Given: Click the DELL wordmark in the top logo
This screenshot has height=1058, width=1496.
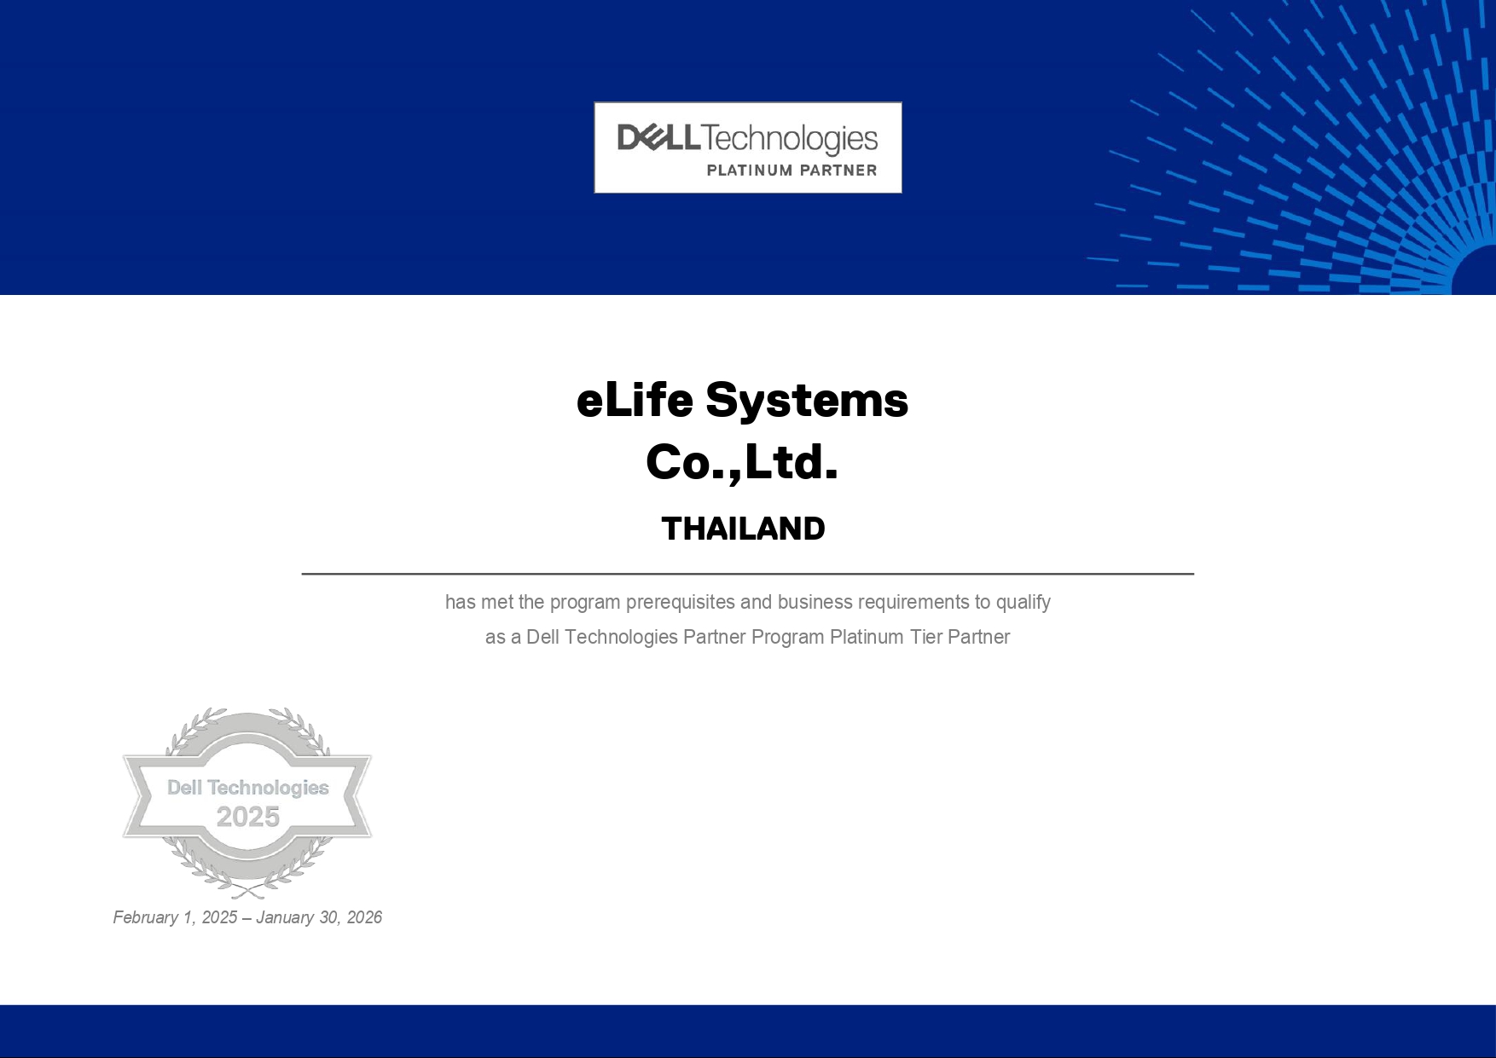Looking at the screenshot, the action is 659,137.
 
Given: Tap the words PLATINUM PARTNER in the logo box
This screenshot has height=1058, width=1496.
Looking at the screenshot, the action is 791,171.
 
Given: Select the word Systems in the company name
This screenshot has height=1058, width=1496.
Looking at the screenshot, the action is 807,401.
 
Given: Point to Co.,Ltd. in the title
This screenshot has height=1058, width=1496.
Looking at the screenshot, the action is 742,462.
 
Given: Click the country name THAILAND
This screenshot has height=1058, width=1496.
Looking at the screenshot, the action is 743,529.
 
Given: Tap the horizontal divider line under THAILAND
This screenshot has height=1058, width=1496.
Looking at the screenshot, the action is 747,574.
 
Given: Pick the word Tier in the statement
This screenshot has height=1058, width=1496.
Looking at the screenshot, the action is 926,637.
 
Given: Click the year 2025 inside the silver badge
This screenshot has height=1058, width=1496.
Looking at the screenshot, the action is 248,817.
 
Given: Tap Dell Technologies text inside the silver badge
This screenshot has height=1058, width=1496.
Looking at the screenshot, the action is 248,788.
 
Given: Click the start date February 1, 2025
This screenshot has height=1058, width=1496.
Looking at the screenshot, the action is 175,917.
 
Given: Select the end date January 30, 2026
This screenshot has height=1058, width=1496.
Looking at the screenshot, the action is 319,917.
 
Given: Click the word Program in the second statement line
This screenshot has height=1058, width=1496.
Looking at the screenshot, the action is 787,638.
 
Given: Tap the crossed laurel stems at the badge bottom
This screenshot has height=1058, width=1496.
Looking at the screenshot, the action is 248,891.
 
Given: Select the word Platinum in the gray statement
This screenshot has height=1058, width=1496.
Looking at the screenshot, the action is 867,637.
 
